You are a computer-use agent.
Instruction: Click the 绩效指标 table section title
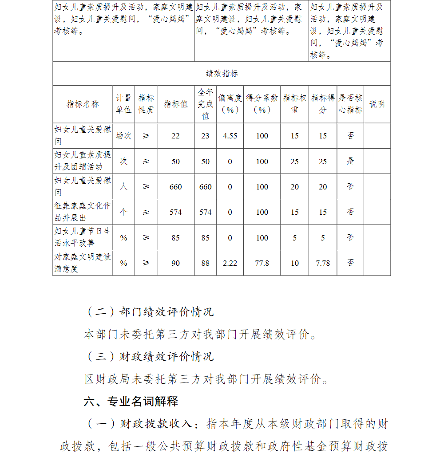[x=222, y=74]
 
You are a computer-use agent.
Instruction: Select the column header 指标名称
[x=83, y=104]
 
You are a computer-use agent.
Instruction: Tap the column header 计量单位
[x=124, y=104]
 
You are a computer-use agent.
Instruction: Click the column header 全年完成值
[x=205, y=104]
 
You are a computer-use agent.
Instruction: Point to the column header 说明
[x=377, y=104]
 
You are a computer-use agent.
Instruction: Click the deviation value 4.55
[x=230, y=136]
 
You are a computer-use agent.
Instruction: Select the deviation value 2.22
[x=230, y=263]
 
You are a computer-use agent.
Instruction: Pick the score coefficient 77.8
[x=262, y=263]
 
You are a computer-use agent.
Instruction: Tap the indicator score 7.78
[x=323, y=263]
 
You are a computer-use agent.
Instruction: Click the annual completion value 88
[x=205, y=263]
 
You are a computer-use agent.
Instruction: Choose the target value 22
[x=175, y=136]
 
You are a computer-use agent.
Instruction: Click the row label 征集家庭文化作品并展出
[x=83, y=212]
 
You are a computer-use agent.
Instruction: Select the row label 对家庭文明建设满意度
[x=83, y=263]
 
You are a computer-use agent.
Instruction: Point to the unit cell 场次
[x=124, y=136]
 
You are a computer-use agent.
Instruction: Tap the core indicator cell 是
[x=350, y=162]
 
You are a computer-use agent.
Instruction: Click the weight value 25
[x=295, y=162]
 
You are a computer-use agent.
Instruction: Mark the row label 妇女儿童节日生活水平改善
[x=83, y=237]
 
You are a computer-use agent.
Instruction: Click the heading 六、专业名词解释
[x=131, y=402]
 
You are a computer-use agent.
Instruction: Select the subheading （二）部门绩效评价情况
[x=149, y=312]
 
